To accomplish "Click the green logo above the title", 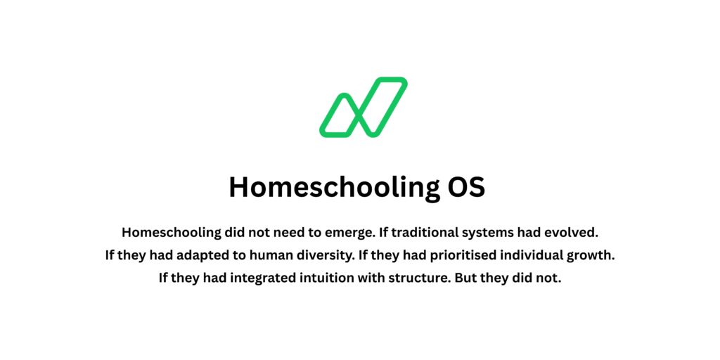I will [363, 107].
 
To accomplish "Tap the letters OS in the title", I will [466, 187].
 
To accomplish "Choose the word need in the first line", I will [294, 232].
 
